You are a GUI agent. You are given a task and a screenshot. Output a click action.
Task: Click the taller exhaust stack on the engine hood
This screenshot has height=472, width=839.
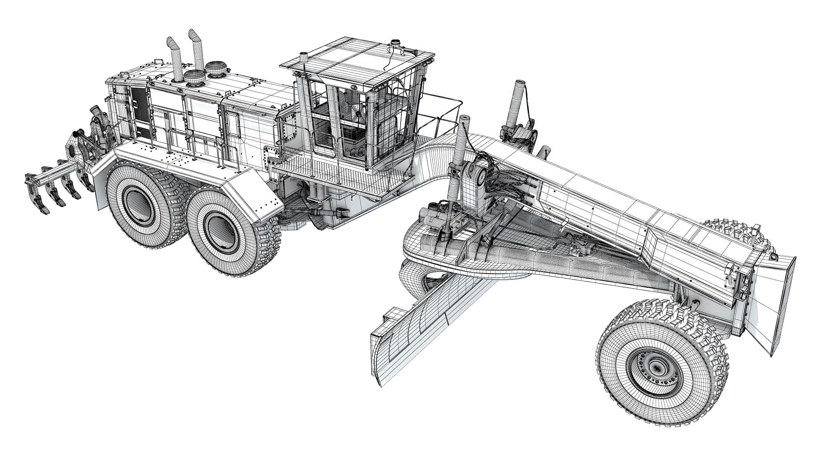[197, 50]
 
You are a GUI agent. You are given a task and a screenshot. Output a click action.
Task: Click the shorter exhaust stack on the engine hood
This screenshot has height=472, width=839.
[177, 63]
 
